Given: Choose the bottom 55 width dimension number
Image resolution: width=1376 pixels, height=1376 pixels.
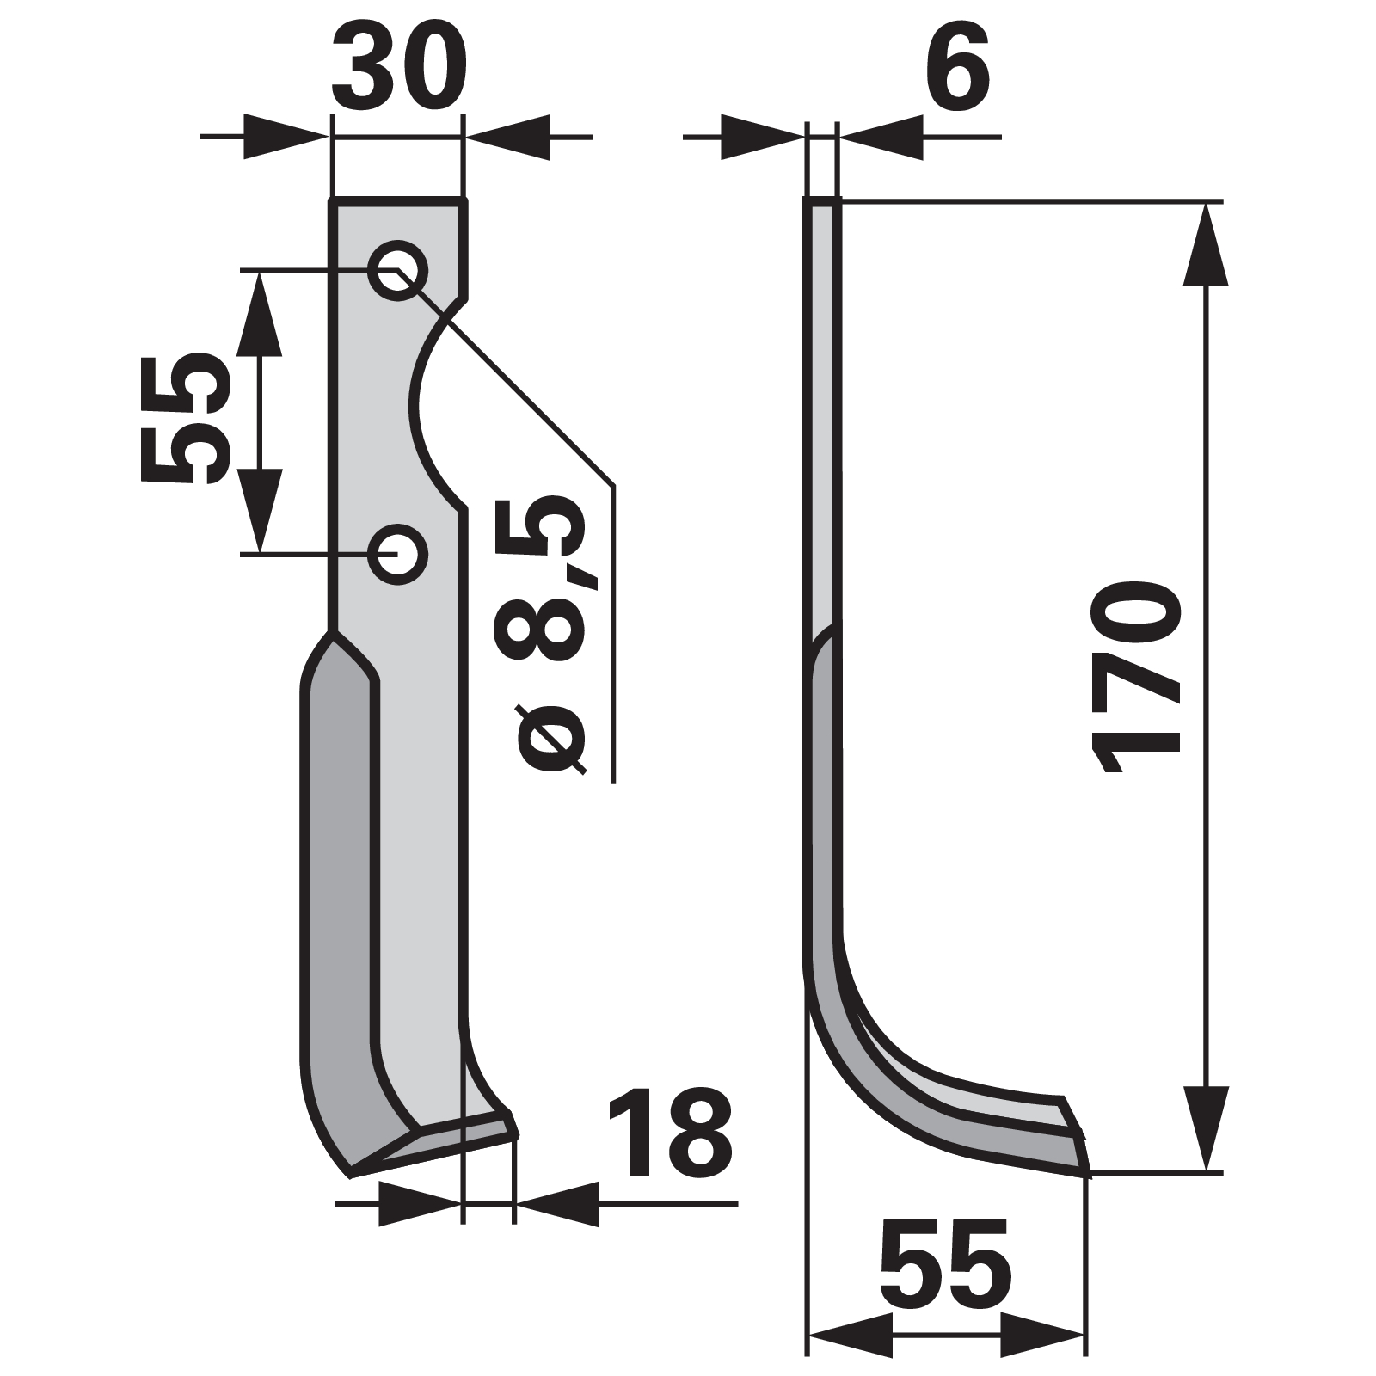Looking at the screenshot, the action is (x=945, y=1259).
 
